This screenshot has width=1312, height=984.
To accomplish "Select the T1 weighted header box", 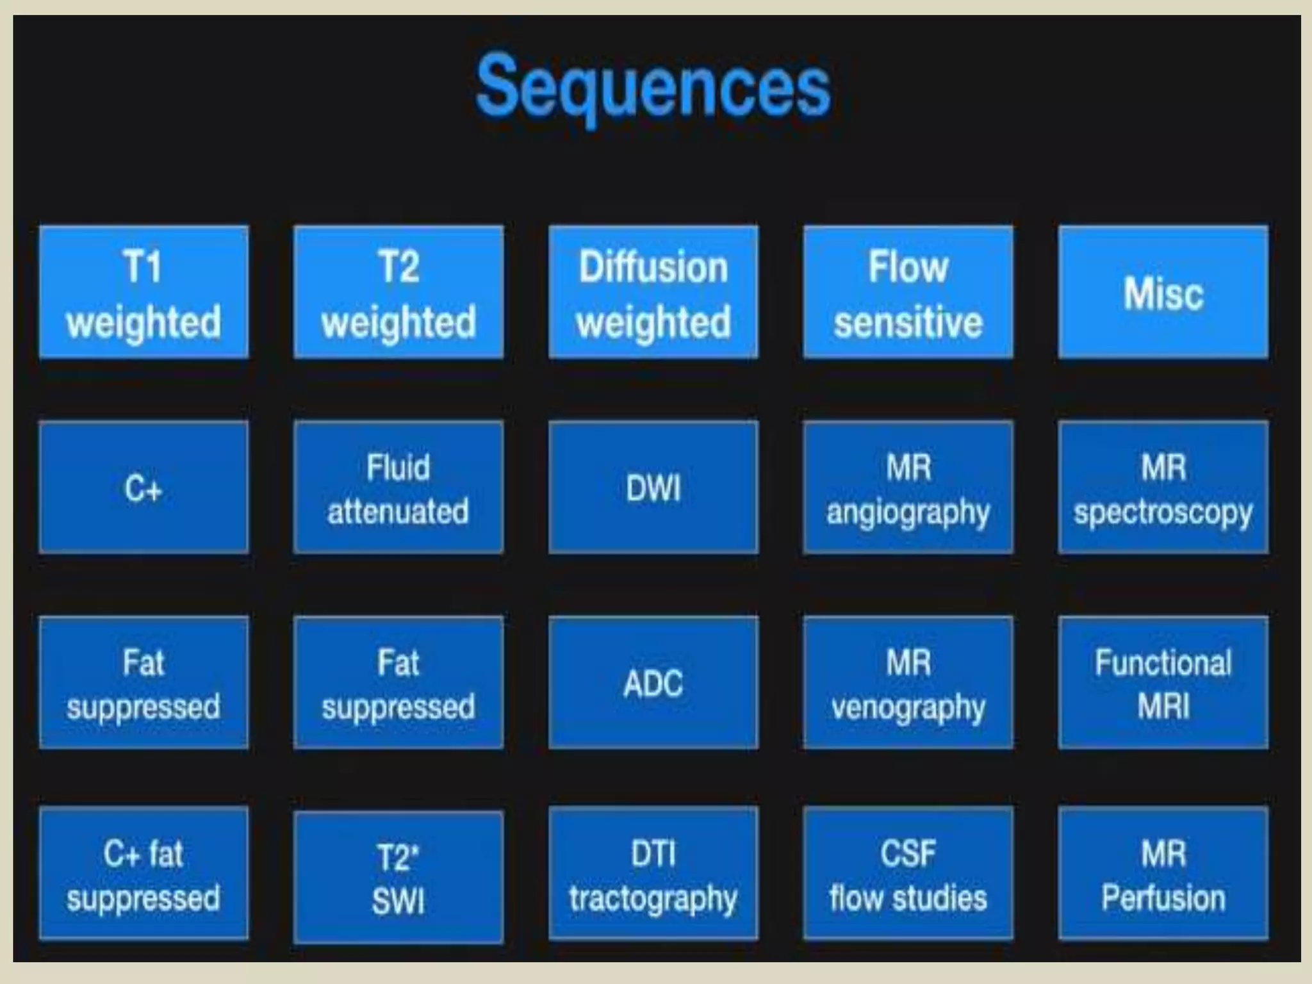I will click(143, 292).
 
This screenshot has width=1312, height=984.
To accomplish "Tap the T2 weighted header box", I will click(398, 292).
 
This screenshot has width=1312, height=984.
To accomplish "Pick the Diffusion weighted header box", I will click(653, 292).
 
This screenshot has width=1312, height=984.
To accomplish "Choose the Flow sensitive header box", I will click(908, 292).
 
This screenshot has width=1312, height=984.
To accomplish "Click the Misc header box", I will click(1163, 292).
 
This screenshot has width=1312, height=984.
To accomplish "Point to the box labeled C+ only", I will click(143, 488).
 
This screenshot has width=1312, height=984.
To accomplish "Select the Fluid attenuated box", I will click(398, 488).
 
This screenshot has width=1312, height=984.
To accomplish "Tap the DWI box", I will click(653, 488).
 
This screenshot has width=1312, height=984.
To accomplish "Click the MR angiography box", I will click(908, 488).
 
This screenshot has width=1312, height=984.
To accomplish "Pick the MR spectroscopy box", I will click(1163, 488).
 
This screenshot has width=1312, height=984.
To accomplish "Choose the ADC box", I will click(653, 683).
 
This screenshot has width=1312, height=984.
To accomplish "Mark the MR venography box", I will click(908, 683).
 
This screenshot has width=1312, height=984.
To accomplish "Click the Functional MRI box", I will click(1163, 683).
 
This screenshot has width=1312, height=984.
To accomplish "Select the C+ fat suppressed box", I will click(143, 874).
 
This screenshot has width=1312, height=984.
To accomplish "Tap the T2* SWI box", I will click(398, 878).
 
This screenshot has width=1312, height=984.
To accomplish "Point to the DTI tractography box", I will click(653, 874).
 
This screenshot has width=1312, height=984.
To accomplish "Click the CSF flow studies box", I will click(908, 874).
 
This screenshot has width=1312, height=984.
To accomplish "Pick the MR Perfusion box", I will click(1163, 874).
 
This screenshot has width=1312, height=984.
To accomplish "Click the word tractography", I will click(653, 898).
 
